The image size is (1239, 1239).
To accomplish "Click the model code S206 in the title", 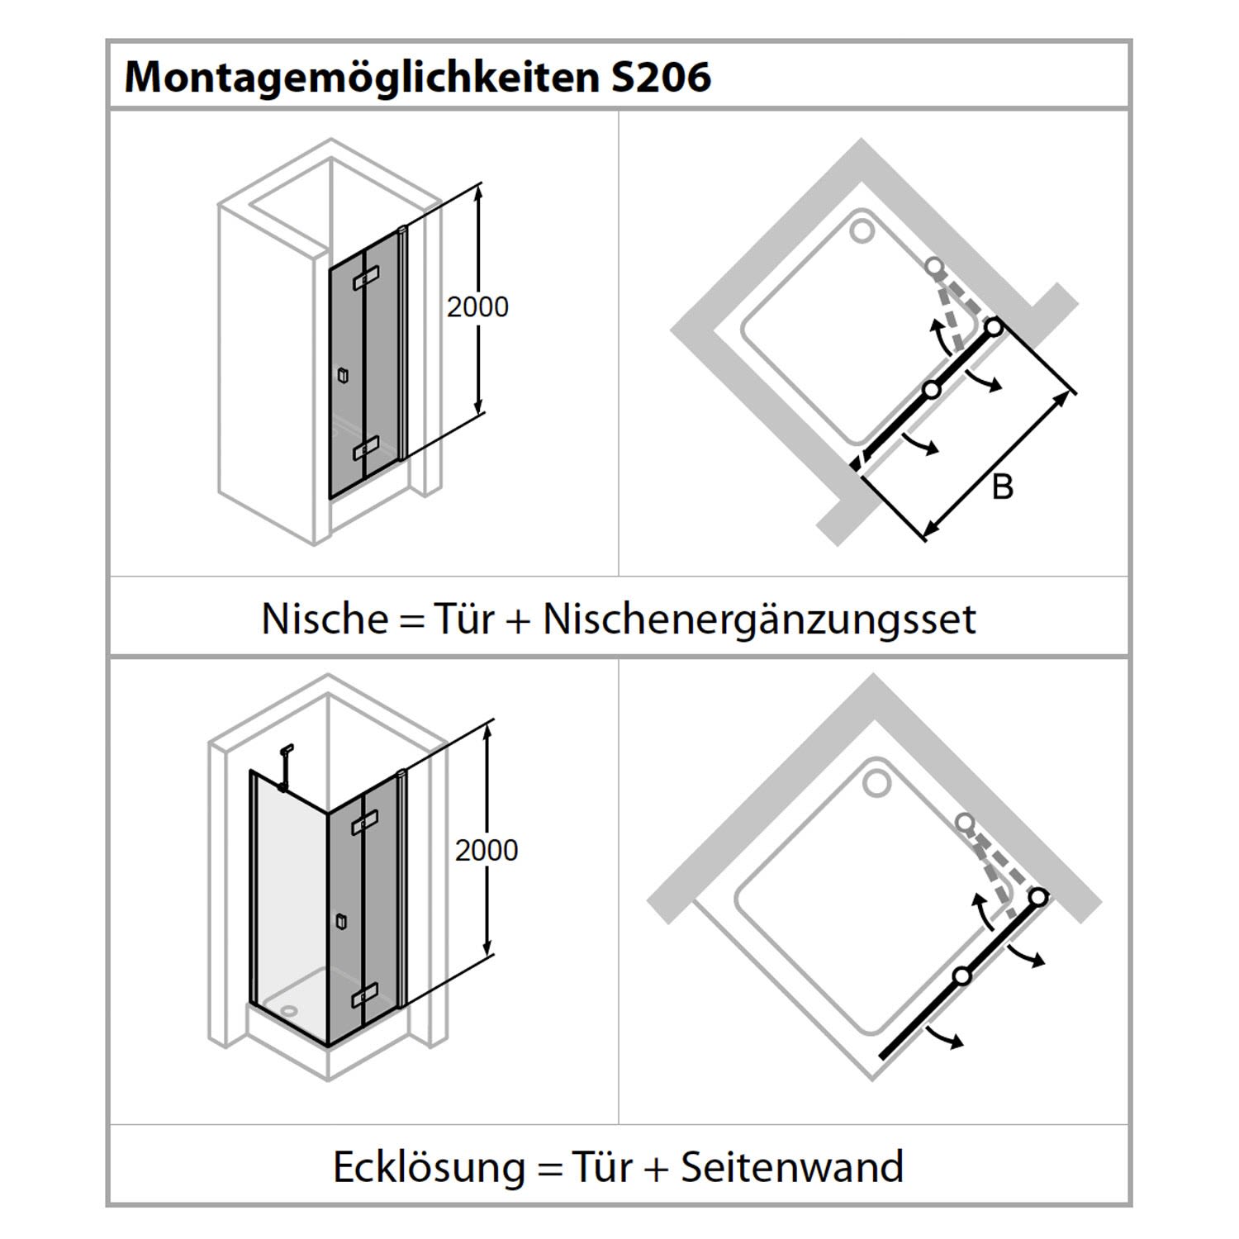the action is click(661, 77).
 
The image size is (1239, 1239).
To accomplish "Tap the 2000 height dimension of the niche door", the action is click(477, 307).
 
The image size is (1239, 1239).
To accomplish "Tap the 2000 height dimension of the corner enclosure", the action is click(487, 850).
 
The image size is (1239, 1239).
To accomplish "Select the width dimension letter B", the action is click(1002, 487).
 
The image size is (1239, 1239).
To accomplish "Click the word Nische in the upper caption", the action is click(325, 619).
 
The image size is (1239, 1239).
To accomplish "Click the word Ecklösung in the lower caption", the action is click(429, 1167).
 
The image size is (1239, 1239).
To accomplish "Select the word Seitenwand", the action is click(792, 1167).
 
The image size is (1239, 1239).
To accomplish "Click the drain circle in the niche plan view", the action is click(862, 230).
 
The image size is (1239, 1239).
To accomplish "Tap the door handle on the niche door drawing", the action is click(343, 376).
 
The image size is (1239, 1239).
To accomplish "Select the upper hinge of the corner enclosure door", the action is click(364, 822).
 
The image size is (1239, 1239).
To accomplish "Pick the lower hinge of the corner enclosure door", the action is click(364, 994).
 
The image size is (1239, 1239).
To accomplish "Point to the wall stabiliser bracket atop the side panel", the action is click(285, 767).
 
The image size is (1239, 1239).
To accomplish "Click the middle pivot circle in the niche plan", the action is click(932, 390).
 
